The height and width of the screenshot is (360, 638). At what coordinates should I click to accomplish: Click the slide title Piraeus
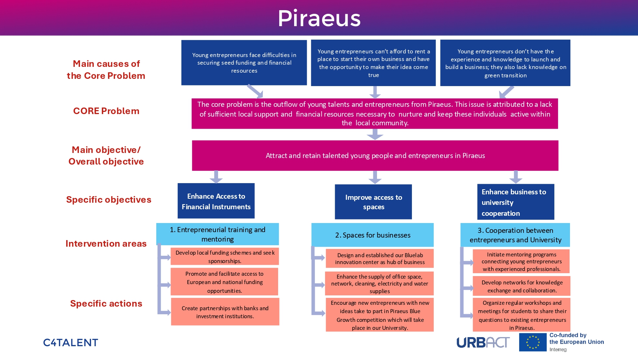point(319,18)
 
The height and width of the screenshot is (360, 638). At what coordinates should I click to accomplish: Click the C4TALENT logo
point(71,343)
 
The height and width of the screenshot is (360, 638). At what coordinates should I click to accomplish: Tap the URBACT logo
point(483,342)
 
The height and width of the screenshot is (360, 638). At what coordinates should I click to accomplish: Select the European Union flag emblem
point(533,342)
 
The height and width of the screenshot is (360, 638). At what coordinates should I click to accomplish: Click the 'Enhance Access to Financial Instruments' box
point(216,201)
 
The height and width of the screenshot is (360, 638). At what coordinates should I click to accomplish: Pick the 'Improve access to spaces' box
point(373,202)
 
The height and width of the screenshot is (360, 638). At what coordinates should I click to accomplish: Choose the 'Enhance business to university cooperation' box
point(515,202)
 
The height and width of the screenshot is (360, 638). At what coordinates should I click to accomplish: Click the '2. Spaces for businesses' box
point(373,235)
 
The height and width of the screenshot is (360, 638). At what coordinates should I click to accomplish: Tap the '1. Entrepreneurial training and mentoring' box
point(217,234)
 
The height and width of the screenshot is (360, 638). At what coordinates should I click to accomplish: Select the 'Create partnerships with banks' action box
point(225,312)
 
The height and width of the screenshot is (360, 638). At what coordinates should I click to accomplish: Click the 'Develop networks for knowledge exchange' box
point(522,286)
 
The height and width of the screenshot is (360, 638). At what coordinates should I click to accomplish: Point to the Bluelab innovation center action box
point(380,258)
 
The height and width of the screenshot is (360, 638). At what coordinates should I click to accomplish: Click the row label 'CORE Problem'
point(106,111)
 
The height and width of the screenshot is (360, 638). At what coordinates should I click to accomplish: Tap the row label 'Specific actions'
point(106,304)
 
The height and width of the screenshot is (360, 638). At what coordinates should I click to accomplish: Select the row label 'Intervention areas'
point(106,244)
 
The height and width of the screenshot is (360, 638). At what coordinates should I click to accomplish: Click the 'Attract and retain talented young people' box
point(375,155)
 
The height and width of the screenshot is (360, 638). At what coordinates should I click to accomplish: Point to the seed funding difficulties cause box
point(244,62)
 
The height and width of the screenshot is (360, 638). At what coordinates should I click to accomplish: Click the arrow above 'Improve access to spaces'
point(375,177)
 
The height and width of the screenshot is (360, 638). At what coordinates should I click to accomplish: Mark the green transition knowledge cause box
point(505,63)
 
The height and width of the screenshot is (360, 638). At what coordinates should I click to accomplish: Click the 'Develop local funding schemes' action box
point(225,256)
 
